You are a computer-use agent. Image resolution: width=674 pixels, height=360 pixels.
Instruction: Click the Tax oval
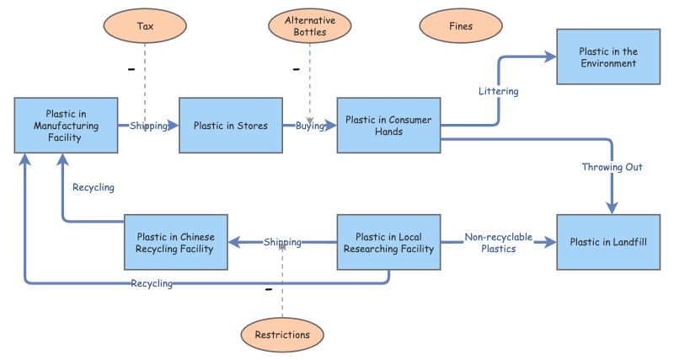[145, 26]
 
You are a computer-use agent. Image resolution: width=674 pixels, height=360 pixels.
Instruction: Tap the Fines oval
[461, 26]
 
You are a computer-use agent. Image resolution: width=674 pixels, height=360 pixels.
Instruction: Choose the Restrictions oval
[282, 335]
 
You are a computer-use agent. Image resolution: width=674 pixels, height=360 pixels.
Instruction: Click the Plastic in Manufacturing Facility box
[65, 126]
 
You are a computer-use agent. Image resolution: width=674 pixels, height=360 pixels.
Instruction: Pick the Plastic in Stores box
[230, 126]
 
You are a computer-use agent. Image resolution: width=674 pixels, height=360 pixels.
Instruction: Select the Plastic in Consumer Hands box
[388, 126]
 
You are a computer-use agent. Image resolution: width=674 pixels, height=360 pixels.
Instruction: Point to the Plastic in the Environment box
[607, 57]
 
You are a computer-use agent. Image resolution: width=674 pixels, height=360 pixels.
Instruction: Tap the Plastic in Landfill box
[607, 242]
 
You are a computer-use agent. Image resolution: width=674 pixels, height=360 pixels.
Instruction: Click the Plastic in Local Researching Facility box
[388, 242]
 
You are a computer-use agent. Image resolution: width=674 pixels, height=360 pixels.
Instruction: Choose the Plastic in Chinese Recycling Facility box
[175, 242]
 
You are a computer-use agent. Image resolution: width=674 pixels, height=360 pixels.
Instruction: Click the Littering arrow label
[498, 90]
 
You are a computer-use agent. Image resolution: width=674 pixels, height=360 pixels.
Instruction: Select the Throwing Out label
[612, 167]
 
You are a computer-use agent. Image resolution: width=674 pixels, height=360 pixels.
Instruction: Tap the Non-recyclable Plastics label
[498, 243]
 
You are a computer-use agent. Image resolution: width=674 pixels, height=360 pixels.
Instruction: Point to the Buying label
[311, 126]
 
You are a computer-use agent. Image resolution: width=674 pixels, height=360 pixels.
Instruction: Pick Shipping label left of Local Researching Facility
[282, 242]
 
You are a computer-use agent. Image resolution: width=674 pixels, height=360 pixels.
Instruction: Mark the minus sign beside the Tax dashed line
[131, 69]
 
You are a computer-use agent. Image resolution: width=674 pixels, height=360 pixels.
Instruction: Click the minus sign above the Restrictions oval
[269, 290]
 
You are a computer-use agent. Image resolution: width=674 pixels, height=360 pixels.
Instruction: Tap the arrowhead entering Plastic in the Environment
[551, 57]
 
